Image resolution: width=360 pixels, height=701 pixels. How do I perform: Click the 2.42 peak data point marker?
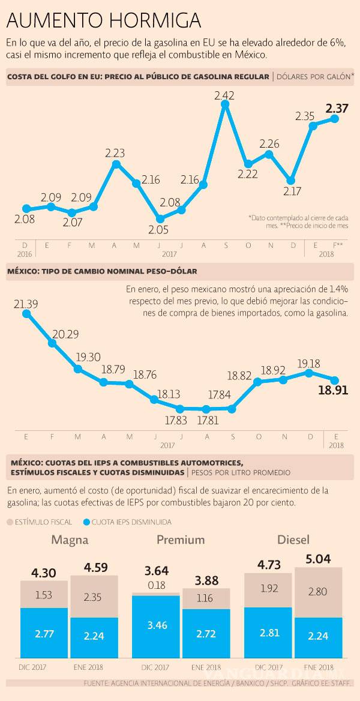click(x=226, y=104)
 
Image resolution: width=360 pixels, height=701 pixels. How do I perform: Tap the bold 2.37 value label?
click(x=336, y=109)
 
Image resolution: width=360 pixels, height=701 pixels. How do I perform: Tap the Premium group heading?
click(x=181, y=540)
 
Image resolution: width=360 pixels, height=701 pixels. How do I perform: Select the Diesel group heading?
click(x=293, y=540)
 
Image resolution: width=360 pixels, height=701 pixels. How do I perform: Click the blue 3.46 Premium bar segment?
click(x=155, y=625)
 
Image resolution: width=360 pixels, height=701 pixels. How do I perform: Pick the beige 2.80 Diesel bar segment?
click(x=318, y=592)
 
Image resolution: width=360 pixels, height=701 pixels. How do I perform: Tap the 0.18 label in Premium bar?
click(x=155, y=585)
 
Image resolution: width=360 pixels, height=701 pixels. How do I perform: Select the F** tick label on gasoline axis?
click(x=337, y=245)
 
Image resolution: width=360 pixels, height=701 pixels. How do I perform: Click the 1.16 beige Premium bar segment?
click(x=206, y=598)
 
